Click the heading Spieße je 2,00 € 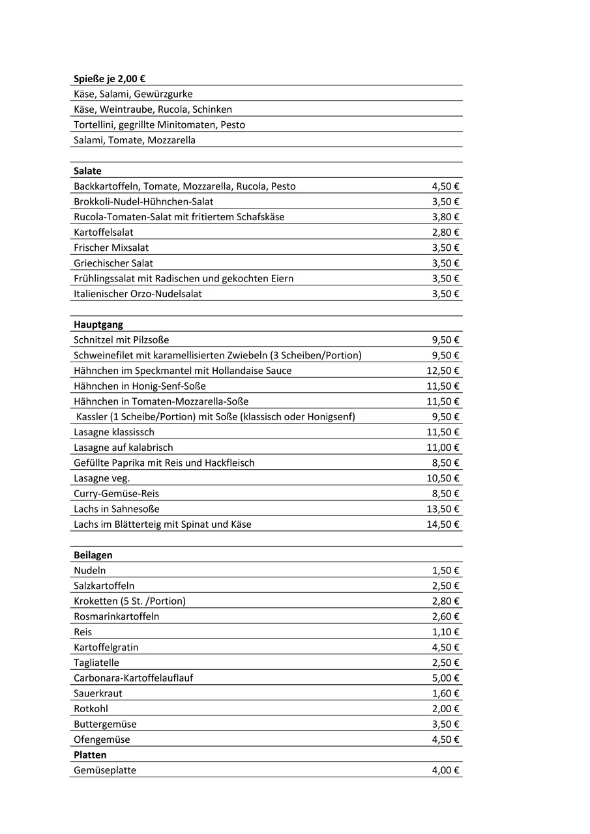pyautogui.click(x=110, y=78)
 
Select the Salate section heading pyautogui.click(x=87, y=171)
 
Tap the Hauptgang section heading pyautogui.click(x=98, y=324)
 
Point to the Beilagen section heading pyautogui.click(x=93, y=555)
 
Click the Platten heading pyautogui.click(x=90, y=755)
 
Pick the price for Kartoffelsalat pyautogui.click(x=445, y=233)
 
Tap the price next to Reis pyautogui.click(x=445, y=632)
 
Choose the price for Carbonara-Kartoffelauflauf pyautogui.click(x=445, y=678)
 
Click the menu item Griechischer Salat pyautogui.click(x=113, y=263)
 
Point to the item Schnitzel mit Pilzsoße pyautogui.click(x=121, y=340)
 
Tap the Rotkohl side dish pyautogui.click(x=91, y=709)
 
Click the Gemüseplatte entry pyautogui.click(x=105, y=771)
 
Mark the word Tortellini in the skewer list pyautogui.click(x=93, y=124)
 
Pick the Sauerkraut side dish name pyautogui.click(x=98, y=693)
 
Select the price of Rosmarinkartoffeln pyautogui.click(x=445, y=616)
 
